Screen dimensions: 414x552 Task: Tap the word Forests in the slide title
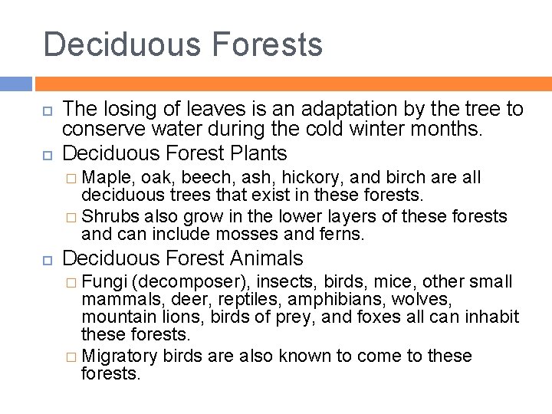pyautogui.click(x=268, y=44)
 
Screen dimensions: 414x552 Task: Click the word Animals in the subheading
pyautogui.click(x=268, y=258)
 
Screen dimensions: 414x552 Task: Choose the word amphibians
pyautogui.click(x=309, y=299)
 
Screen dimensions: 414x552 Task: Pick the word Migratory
pyautogui.click(x=119, y=356)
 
